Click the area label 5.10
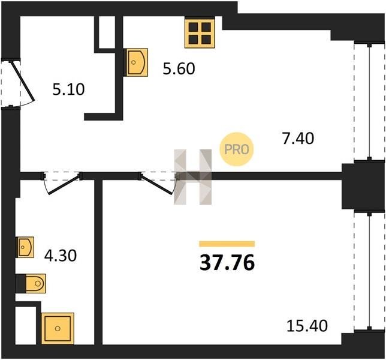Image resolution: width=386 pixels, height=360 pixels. (x=68, y=89)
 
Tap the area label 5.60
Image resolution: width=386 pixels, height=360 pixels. (x=179, y=68)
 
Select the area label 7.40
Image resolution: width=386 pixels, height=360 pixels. (x=298, y=138)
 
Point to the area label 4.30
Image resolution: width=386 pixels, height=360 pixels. (x=61, y=256)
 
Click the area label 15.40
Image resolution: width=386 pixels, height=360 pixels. (x=307, y=326)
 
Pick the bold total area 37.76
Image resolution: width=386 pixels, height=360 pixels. (x=227, y=263)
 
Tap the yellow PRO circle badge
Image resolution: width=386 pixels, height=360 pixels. (x=237, y=149)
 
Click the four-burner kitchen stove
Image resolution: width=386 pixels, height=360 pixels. (x=200, y=33)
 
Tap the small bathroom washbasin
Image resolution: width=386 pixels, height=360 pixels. (x=25, y=247)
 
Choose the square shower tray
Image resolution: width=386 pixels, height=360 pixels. (x=58, y=328)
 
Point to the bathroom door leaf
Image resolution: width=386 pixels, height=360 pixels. (x=64, y=184)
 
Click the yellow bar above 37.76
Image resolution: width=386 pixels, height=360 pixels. (x=227, y=244)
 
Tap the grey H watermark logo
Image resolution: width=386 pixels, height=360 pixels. (x=193, y=177)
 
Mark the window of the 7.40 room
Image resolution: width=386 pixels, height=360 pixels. (x=369, y=101)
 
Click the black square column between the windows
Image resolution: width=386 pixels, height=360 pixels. (x=363, y=186)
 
